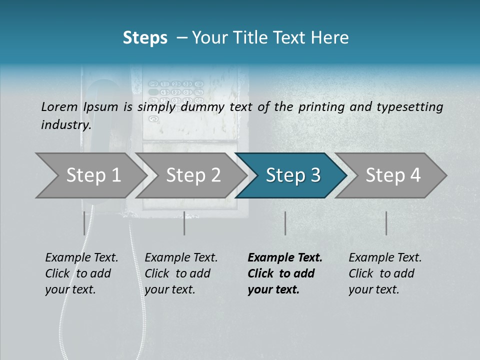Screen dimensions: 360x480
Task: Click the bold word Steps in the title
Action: (145, 38)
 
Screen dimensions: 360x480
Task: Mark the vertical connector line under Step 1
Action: (84, 223)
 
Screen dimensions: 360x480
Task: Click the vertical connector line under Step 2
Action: (184, 223)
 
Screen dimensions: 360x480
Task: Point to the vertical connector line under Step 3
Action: (285, 223)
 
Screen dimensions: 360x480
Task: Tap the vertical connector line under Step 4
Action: (386, 223)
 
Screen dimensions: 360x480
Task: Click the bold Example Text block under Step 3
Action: (285, 273)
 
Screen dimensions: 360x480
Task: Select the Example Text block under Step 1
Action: (81, 273)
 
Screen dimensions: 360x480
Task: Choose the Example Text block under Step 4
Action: (385, 273)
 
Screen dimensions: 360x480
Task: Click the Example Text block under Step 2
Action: (181, 273)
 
